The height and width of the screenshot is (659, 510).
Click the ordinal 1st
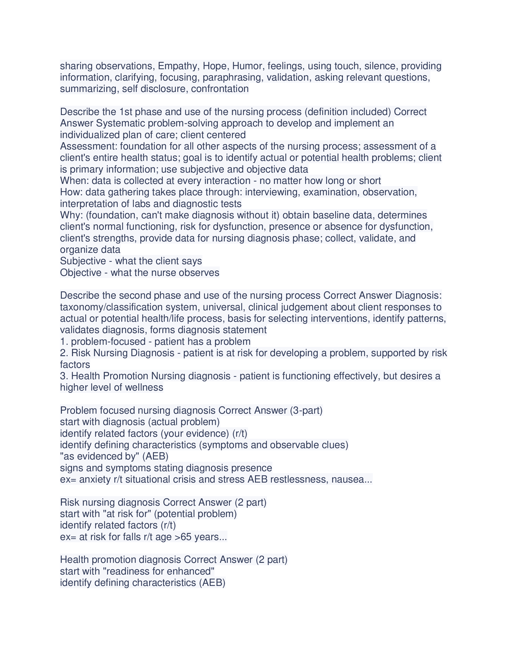[x=126, y=112]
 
